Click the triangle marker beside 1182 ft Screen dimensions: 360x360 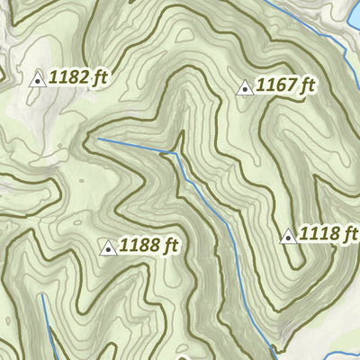pyautogui.click(x=38, y=79)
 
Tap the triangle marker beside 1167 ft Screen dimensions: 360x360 pyautogui.click(x=243, y=88)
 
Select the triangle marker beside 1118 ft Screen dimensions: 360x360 pyautogui.click(x=288, y=237)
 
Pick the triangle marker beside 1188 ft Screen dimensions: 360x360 pyautogui.click(x=108, y=247)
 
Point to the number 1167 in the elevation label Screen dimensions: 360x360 pyautogui.click(x=276, y=86)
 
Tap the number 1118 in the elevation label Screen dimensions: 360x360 pyautogui.click(x=320, y=235)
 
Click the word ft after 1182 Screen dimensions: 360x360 pyautogui.click(x=99, y=78)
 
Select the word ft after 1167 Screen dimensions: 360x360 pyautogui.click(x=308, y=86)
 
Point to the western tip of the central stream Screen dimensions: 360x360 pyautogui.click(x=98, y=139)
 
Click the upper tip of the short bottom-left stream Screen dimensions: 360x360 pyautogui.click(x=41, y=294)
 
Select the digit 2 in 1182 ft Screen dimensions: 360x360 pyautogui.click(x=83, y=78)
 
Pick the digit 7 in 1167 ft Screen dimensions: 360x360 pyautogui.click(x=292, y=86)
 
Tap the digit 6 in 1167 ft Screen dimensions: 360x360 pyautogui.click(x=282, y=86)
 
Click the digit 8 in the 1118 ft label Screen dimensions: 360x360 pyautogui.click(x=334, y=235)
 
